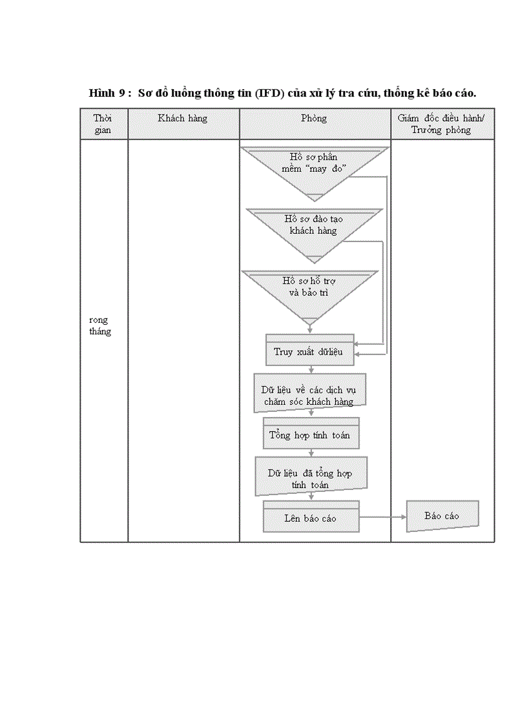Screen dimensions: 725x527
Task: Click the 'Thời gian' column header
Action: tap(103, 124)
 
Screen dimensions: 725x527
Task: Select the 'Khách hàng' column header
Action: tap(183, 119)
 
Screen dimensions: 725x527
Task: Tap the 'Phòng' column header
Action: tap(314, 119)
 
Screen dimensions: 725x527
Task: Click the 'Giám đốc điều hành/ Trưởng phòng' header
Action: tap(442, 124)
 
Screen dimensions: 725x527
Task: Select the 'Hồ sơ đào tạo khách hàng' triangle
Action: tap(313, 226)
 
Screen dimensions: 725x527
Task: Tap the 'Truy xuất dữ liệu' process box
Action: tap(310, 352)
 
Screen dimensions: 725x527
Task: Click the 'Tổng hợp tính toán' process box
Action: tap(311, 434)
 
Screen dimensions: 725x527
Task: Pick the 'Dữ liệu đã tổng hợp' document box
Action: tap(311, 478)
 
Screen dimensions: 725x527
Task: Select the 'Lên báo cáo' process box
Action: tap(311, 518)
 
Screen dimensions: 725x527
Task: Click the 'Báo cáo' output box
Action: tap(442, 516)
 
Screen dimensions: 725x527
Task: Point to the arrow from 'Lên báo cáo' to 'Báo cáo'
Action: tap(382, 517)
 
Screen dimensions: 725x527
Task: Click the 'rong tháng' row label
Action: tap(100, 325)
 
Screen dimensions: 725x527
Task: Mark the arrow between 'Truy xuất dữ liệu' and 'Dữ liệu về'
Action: tap(311, 369)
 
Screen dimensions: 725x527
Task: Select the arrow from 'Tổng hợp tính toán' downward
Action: tap(311, 453)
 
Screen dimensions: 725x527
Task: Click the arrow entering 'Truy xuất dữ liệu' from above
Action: tap(310, 329)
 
